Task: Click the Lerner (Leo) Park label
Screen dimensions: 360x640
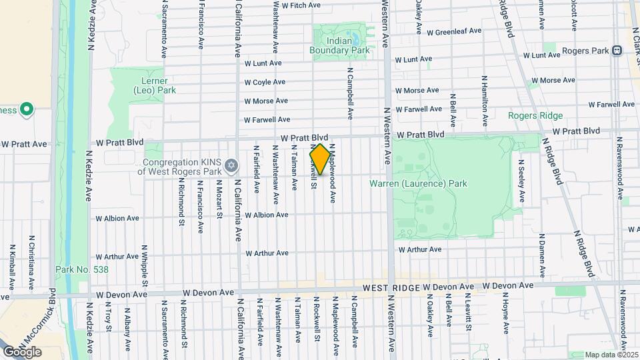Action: (155, 85)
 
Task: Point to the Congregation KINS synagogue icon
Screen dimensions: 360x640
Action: (231, 165)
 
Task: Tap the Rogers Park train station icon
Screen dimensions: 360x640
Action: (617, 50)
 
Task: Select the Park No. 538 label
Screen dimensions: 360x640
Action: (81, 269)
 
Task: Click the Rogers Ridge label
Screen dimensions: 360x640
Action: (535, 115)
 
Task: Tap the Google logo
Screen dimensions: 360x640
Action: (22, 352)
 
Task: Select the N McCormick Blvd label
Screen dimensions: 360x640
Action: (52, 313)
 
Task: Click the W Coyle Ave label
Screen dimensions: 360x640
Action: (265, 83)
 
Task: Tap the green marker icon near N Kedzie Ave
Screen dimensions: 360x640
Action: (27, 109)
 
